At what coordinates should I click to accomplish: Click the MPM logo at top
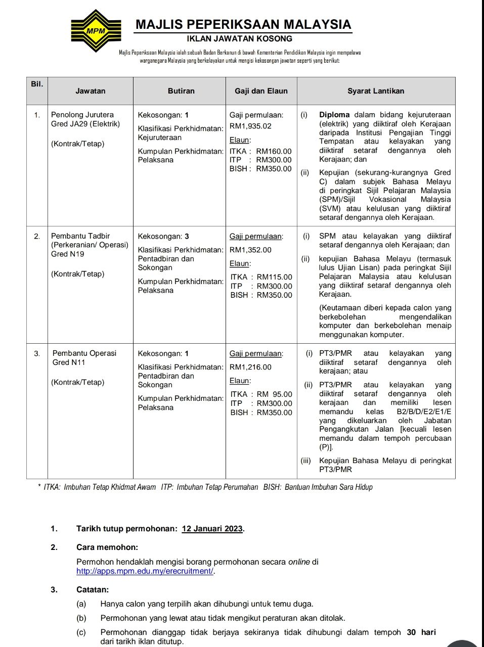[96, 31]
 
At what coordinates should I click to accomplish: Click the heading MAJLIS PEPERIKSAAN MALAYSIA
[243, 24]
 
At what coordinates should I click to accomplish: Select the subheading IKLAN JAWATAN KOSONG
[240, 38]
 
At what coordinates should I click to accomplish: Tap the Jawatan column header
[90, 91]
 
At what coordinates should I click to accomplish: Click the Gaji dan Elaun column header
[261, 91]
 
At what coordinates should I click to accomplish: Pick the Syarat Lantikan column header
[376, 91]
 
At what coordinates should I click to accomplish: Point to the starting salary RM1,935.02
[250, 126]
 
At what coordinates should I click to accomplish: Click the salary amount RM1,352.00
[250, 250]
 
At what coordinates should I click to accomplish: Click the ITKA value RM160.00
[274, 151]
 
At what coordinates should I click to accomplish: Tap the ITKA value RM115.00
[274, 277]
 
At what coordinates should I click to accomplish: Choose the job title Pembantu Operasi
[84, 353]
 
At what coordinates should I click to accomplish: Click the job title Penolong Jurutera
[82, 115]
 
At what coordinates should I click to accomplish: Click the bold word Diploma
[334, 115]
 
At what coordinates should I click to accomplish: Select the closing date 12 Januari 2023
[212, 529]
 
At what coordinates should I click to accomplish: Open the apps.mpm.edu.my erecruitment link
[145, 571]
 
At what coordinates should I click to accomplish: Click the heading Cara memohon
[107, 547]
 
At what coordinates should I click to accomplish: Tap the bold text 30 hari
[421, 632]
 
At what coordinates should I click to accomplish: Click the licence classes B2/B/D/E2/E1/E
[424, 411]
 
